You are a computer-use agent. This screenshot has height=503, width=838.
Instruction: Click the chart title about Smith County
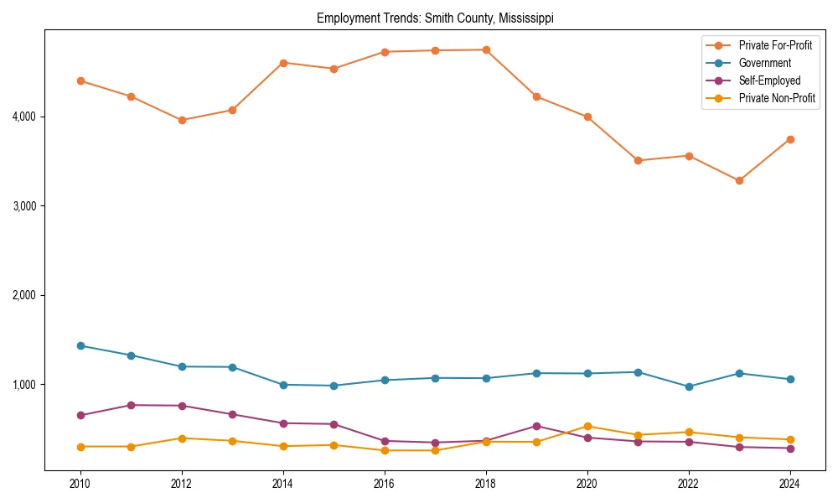435,18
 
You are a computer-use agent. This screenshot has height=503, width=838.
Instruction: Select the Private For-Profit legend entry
775,45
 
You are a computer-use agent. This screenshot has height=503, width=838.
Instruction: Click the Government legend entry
764,63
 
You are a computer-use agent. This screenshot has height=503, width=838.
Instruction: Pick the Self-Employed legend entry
769,80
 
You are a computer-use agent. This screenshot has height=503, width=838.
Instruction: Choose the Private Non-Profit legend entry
777,98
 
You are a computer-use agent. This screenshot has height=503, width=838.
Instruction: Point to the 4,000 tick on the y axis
24,117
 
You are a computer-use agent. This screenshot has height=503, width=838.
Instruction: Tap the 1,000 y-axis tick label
24,385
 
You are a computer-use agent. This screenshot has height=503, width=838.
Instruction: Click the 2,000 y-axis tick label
24,295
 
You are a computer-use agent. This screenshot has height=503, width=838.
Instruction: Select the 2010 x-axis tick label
80,484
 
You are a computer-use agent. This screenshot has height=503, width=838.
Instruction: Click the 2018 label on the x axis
486,484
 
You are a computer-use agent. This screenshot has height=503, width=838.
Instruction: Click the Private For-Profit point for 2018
486,49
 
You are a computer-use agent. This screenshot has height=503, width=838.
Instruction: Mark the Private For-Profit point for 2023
739,180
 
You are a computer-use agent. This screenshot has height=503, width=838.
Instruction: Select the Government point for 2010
80,345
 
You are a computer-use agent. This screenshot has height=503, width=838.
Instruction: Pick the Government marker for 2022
689,386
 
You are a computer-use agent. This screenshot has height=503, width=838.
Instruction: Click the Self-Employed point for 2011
131,405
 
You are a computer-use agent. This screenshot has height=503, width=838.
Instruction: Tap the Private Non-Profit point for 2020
587,426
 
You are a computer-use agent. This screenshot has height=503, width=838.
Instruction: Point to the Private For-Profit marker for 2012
182,120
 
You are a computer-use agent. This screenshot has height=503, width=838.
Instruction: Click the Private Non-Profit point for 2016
385,450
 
